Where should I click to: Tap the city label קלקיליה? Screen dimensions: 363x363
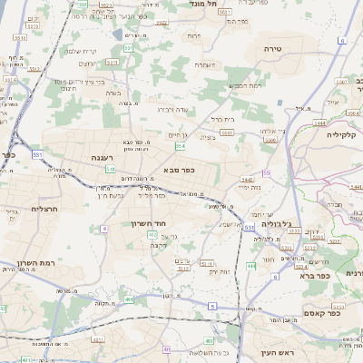point(342,133)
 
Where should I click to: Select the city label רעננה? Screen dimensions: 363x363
point(101,157)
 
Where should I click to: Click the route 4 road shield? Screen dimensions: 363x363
point(104,228)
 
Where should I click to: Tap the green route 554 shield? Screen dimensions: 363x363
point(181,145)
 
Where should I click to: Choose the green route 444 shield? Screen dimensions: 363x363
point(250,266)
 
